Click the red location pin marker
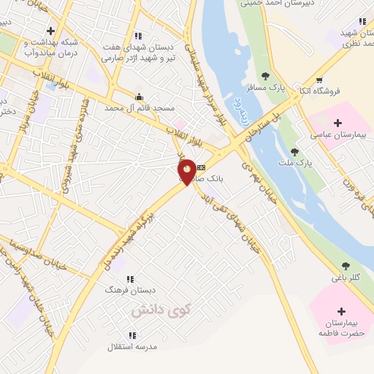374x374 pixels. [187, 172]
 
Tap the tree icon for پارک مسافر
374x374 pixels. [265, 75]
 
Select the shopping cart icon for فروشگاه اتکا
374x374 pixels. [318, 80]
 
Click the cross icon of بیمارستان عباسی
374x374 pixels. [337, 122]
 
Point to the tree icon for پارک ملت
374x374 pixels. [294, 152]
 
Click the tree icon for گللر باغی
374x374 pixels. [345, 266]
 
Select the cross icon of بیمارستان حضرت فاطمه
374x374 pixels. [341, 310]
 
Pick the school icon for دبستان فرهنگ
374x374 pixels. [130, 279]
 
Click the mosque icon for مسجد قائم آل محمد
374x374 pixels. [139, 96]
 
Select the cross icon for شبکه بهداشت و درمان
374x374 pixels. [50, 31]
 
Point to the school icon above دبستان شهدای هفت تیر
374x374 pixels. [138, 35]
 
